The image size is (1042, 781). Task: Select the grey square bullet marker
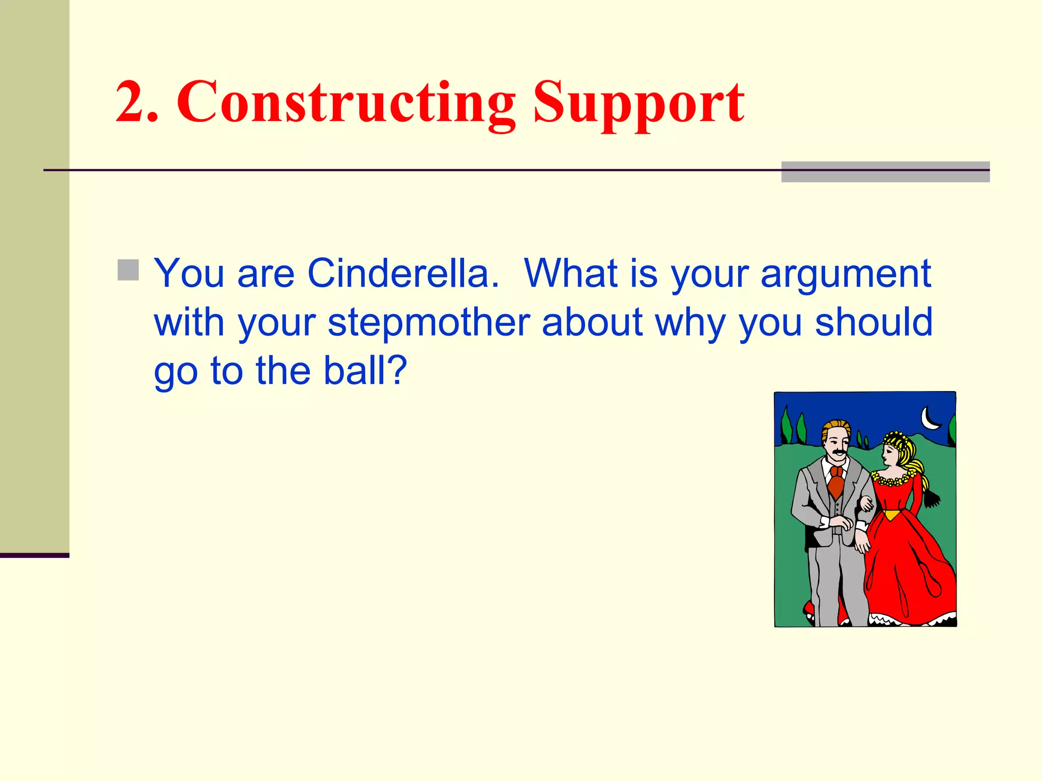click(128, 270)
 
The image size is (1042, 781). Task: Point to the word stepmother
click(428, 323)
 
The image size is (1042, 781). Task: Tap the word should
click(874, 322)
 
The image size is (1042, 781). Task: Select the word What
click(570, 274)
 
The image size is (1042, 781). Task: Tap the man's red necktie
click(835, 483)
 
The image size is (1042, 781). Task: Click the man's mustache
click(838, 452)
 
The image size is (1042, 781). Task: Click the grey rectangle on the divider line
click(885, 172)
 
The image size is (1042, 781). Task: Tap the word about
click(592, 322)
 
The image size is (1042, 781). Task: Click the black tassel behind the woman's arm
click(932, 498)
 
